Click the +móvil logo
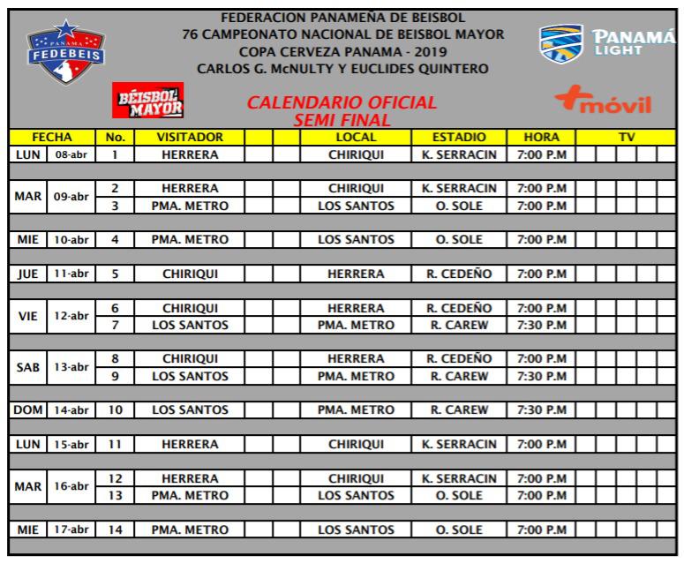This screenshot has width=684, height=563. click(603, 105)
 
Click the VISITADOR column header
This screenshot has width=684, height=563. click(190, 138)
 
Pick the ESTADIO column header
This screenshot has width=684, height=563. click(460, 138)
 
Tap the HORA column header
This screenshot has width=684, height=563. click(541, 138)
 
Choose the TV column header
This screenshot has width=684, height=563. click(627, 138)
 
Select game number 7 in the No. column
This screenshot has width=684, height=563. click(115, 326)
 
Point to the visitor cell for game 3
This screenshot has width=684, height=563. click(190, 206)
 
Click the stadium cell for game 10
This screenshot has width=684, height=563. click(460, 410)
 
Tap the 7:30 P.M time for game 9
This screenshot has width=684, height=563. click(541, 376)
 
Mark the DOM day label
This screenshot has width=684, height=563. click(29, 410)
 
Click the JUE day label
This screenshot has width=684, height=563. click(29, 274)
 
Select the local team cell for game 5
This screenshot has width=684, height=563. click(357, 274)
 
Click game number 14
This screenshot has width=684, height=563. click(115, 530)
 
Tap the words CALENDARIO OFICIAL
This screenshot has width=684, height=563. click(342, 102)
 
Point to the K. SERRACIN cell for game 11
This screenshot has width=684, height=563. click(460, 445)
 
